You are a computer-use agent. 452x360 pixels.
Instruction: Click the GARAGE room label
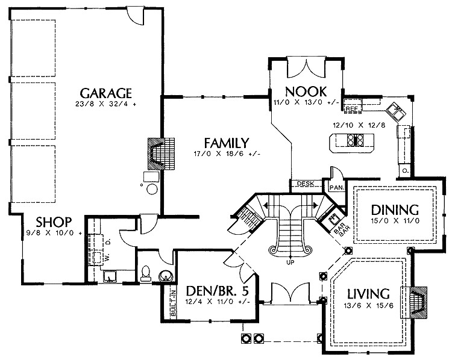coord(105,93)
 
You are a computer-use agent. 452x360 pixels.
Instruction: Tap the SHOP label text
coord(54,221)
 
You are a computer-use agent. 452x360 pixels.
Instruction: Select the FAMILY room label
coord(226,143)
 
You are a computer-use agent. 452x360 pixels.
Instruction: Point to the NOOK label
coord(307,92)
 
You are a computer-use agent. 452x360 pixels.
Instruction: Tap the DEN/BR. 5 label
coord(218,291)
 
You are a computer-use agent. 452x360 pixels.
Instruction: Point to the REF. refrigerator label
coord(352,109)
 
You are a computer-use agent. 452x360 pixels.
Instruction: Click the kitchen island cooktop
coord(354,142)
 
